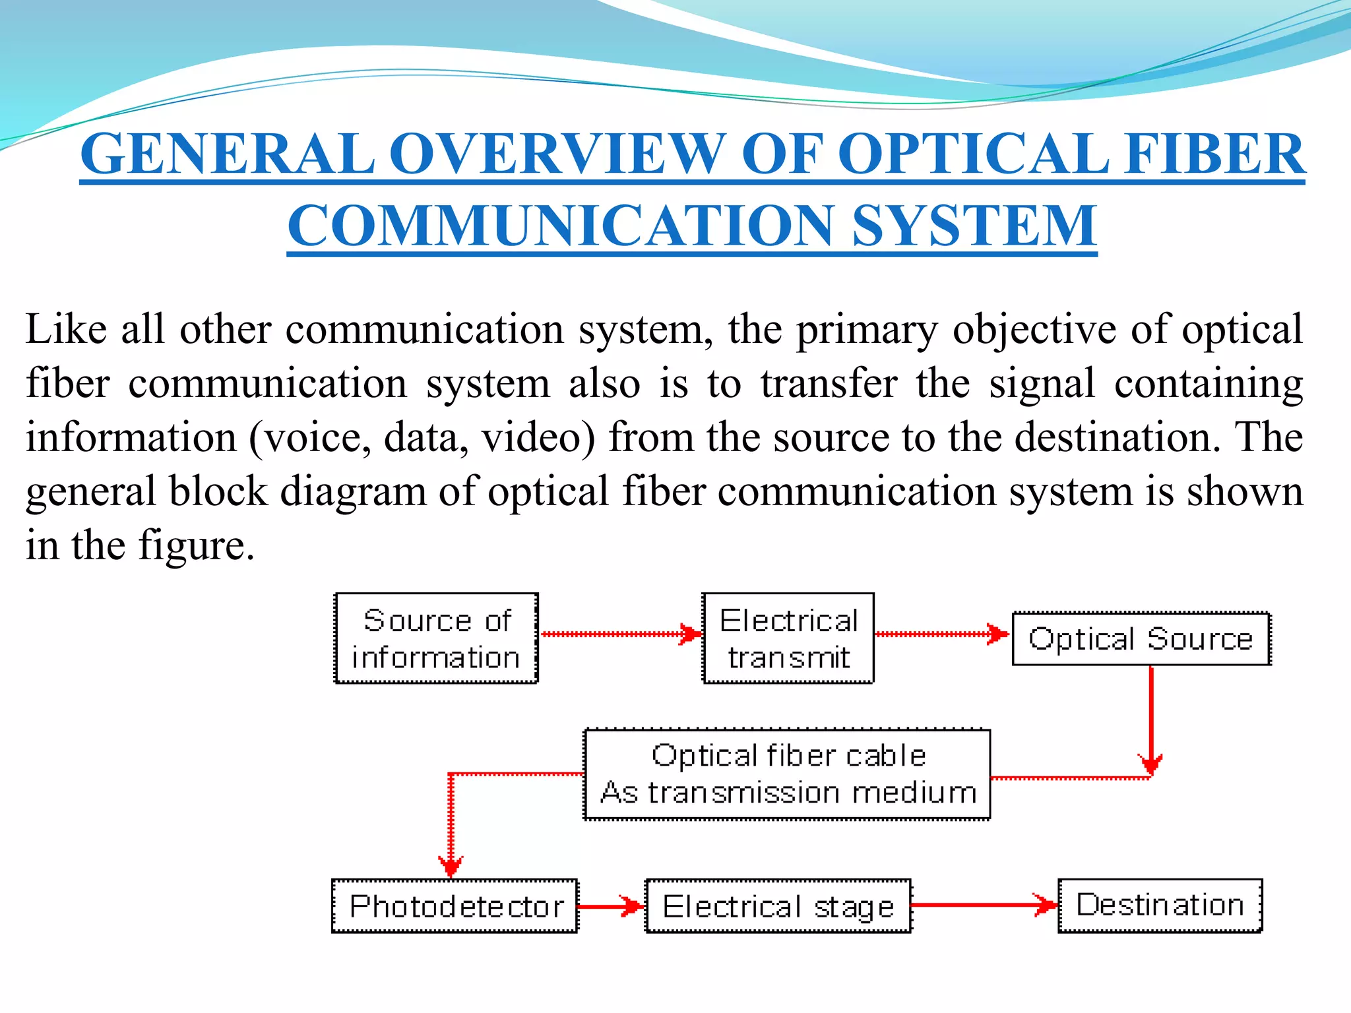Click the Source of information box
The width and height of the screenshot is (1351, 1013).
(436, 638)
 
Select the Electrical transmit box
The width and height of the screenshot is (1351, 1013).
(788, 638)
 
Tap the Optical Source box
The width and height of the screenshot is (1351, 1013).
(1141, 638)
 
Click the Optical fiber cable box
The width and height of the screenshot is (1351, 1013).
(787, 774)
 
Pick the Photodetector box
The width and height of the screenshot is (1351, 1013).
(455, 906)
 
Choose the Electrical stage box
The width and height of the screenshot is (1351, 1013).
(778, 906)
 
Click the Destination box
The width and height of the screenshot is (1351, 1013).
(1160, 905)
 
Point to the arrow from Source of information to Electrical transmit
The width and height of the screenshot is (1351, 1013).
(620, 634)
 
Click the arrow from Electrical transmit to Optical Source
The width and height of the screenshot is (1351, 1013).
(942, 634)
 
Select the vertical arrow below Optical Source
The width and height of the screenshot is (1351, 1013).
(1151, 719)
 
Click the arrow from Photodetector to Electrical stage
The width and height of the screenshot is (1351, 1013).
(610, 906)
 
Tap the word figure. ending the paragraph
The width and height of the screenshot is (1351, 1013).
(196, 545)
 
